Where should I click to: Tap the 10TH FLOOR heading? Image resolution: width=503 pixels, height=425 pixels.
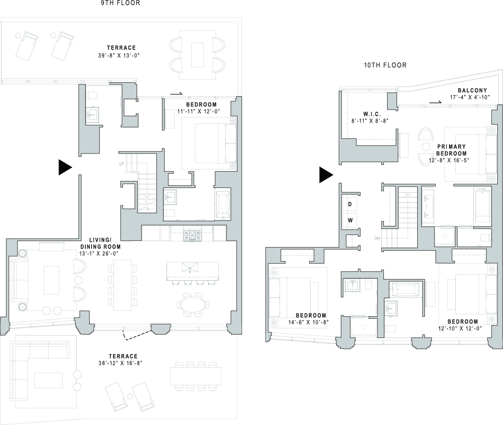(x=385, y=65)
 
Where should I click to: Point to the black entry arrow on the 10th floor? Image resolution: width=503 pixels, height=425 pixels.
(x=326, y=175)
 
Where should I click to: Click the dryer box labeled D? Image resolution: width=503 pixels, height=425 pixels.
(x=349, y=204)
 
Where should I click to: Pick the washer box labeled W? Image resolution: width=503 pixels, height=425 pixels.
(x=349, y=220)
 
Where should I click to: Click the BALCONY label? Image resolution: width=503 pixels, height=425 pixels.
(x=472, y=90)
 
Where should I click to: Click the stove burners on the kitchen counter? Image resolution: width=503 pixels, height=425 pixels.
(x=191, y=235)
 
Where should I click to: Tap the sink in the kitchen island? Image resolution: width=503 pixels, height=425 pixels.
(x=192, y=267)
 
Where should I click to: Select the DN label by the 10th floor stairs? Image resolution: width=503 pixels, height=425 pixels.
(x=377, y=239)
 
